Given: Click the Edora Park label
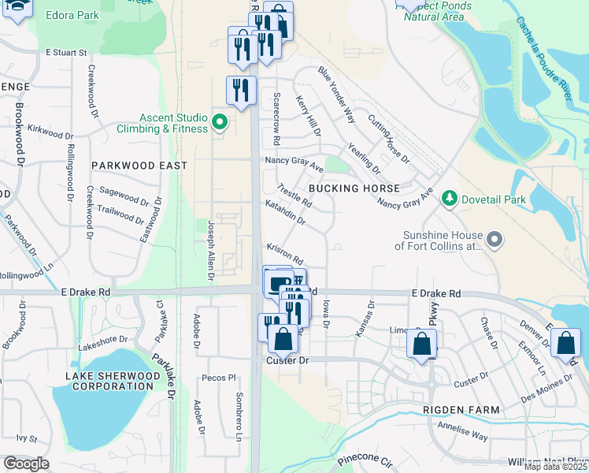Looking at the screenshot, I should (72, 15).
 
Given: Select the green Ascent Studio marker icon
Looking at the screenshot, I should (220, 123).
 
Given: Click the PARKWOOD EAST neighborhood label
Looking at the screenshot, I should (139, 166).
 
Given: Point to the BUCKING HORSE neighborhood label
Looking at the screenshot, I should (354, 188).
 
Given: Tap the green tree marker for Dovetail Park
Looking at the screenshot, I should (450, 199).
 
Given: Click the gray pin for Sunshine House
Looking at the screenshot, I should (494, 238).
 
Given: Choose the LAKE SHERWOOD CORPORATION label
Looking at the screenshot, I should (109, 381).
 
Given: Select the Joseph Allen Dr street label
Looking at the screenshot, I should (210, 250).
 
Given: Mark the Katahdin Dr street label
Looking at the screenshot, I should (285, 213).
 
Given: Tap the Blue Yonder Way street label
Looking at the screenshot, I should (336, 94).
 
